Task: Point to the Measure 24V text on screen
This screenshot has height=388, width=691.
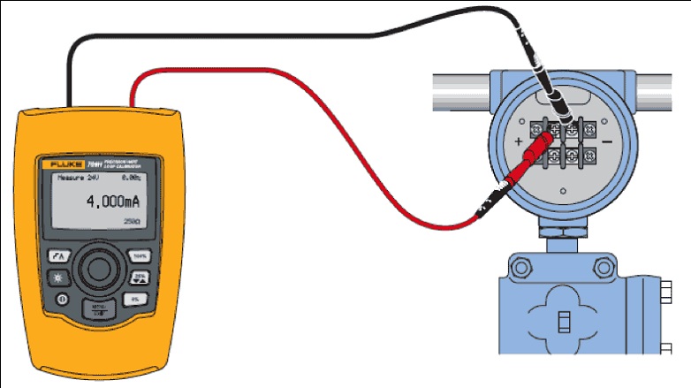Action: (x=75, y=178)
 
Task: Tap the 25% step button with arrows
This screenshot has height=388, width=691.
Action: (x=139, y=278)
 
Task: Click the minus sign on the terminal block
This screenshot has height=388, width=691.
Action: (x=605, y=141)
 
